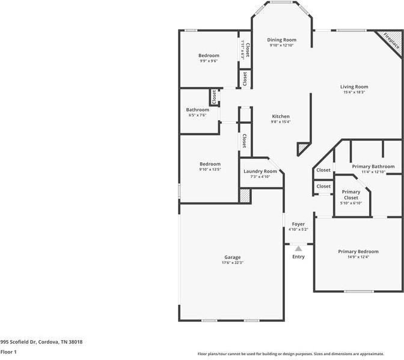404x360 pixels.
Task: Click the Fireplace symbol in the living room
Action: pyautogui.click(x=391, y=43)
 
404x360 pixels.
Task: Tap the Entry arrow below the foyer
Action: pyautogui.click(x=298, y=248)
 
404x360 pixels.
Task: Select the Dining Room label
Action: pyautogui.click(x=282, y=40)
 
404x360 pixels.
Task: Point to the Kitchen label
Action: pyautogui.click(x=281, y=116)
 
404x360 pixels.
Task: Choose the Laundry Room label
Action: pyautogui.click(x=260, y=171)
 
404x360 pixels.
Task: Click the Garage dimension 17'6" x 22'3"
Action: pyautogui.click(x=232, y=263)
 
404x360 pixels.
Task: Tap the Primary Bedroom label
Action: pyautogui.click(x=358, y=251)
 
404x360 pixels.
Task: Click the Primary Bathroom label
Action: pyautogui.click(x=373, y=166)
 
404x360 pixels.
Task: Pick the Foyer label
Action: pyautogui.click(x=298, y=224)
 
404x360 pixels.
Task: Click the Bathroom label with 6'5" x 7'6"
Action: pyautogui.click(x=197, y=110)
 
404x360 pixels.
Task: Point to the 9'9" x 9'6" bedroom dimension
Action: pyautogui.click(x=209, y=61)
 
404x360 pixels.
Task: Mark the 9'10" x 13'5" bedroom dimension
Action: pyautogui.click(x=210, y=169)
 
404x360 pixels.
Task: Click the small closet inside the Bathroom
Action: pyautogui.click(x=213, y=97)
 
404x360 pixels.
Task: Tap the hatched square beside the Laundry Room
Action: pyautogui.click(x=245, y=196)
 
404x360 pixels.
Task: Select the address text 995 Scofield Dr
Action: pyautogui.click(x=41, y=342)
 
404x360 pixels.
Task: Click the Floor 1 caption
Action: pyautogui.click(x=8, y=352)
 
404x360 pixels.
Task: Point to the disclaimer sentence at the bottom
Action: pyautogui.click(x=299, y=354)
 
